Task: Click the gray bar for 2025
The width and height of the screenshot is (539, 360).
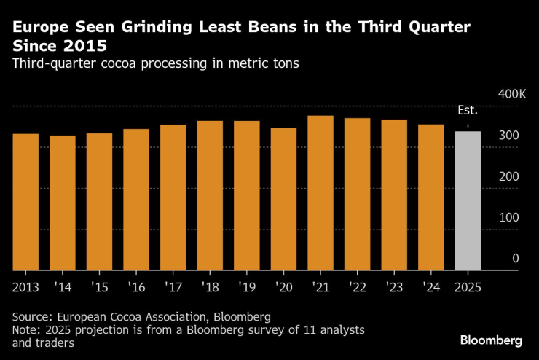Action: [x=468, y=200]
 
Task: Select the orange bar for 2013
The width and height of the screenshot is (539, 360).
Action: [x=25, y=202]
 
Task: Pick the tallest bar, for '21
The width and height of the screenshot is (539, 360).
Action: [x=320, y=193]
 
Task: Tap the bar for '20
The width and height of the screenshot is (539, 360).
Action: [x=283, y=199]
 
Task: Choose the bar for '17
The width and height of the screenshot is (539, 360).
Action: [x=173, y=197]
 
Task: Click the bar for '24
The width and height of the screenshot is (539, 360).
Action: [x=430, y=197]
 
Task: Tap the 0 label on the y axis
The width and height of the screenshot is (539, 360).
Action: [x=514, y=258]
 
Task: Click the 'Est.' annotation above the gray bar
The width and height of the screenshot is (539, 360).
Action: [x=467, y=111]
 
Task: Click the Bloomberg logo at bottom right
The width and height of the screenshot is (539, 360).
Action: [x=491, y=340]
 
